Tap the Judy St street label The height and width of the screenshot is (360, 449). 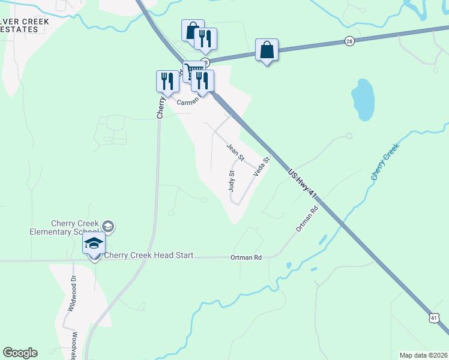[x=232, y=181]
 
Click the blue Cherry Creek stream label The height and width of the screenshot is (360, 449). [x=385, y=161]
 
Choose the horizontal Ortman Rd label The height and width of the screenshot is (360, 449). [x=246, y=257]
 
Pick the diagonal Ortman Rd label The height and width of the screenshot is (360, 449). [x=306, y=220]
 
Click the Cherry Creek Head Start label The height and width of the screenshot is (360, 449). [x=149, y=256]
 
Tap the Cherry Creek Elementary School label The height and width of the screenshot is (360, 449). [x=64, y=227]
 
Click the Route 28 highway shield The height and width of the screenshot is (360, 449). [x=349, y=41]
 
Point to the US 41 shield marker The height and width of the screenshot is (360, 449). [x=434, y=317]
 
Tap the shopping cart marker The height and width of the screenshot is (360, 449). [x=193, y=71]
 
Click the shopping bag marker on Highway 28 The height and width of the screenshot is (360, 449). [x=267, y=50]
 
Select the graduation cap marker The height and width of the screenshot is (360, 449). [x=94, y=244]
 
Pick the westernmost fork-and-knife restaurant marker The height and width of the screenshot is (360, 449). [x=166, y=82]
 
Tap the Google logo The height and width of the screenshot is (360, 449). [x=20, y=353]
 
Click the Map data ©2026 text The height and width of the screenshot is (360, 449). [x=423, y=355]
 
